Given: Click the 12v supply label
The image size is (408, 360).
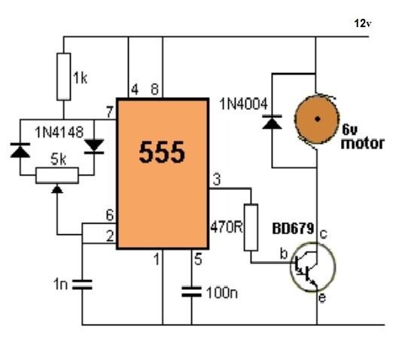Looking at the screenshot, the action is tap(363, 23).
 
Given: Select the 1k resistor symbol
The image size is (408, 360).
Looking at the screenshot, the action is tap(64, 77).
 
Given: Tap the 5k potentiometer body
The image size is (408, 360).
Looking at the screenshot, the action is tap(57, 175).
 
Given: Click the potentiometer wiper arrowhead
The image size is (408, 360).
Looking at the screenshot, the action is tap(57, 189).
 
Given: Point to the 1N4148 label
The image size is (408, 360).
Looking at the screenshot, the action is tap(59, 133).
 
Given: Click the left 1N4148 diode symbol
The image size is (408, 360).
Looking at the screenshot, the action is tap(20, 150).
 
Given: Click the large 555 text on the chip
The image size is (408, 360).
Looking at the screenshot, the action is tap(162, 152).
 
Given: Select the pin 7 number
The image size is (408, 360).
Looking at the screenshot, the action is tap(110, 112).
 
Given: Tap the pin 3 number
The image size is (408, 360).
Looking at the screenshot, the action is tap(217, 179).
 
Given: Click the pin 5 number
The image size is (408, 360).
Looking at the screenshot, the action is tap(198, 259).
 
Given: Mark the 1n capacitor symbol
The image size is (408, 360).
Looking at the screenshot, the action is tap(82, 284).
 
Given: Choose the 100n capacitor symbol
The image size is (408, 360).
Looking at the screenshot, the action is tap(191, 291).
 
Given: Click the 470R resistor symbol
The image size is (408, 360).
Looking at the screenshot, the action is tap(251, 227).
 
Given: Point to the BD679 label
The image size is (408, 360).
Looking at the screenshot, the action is tap(293, 229).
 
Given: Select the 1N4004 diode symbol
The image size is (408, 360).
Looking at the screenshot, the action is tap(273, 122).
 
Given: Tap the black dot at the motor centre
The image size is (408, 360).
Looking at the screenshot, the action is tap(318, 119).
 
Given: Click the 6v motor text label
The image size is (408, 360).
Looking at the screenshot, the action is tap(363, 137).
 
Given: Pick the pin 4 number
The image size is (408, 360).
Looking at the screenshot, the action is tap(135, 90).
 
